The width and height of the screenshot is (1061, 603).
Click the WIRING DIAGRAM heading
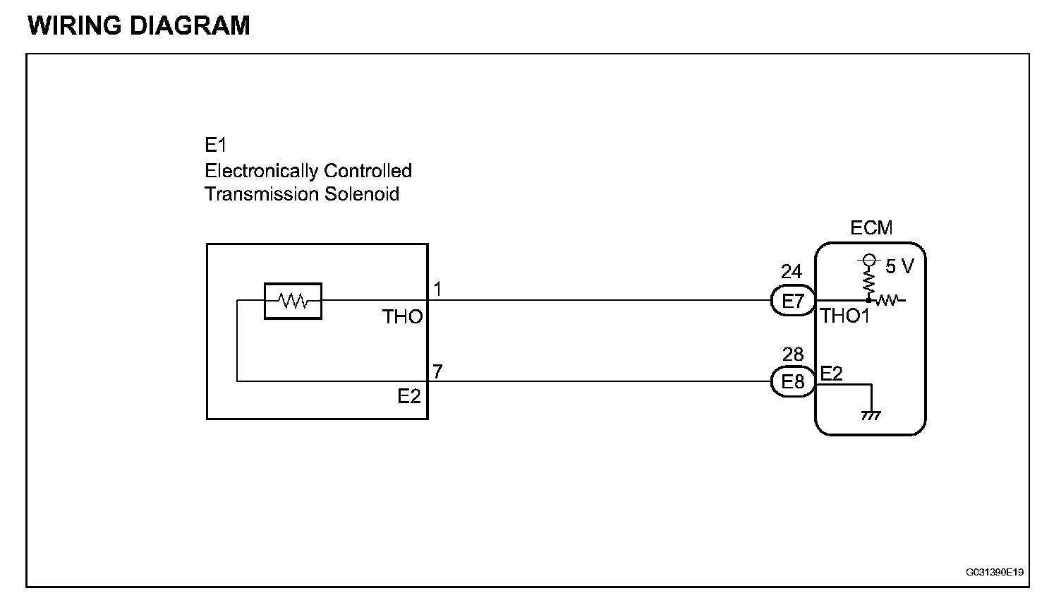(139, 25)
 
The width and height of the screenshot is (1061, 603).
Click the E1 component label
(215, 145)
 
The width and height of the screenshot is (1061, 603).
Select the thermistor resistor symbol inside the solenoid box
(293, 301)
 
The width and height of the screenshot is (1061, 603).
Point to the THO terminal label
(402, 317)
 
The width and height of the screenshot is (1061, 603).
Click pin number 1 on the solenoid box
(437, 289)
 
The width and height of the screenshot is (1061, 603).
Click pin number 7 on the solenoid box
(437, 371)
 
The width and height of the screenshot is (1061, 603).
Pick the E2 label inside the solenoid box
(408, 397)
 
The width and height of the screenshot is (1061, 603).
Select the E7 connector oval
(793, 301)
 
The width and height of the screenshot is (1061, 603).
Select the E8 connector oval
(793, 382)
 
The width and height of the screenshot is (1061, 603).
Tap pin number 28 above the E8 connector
(793, 354)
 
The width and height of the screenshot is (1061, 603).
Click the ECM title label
(871, 228)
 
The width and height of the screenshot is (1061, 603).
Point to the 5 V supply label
(899, 266)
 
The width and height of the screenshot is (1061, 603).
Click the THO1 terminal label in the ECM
(845, 316)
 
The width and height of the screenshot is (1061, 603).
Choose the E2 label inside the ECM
(832, 373)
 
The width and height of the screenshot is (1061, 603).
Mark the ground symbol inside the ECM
(871, 414)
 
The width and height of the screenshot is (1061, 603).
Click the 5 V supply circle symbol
(869, 260)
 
